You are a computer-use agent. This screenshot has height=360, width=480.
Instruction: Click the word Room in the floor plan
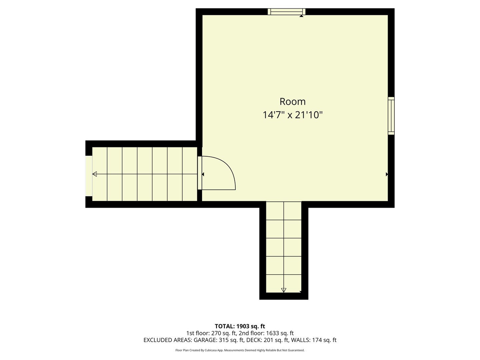point(292,101)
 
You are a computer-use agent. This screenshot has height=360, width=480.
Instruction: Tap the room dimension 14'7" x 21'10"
point(292,115)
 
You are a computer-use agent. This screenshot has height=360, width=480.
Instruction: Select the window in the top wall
point(286,12)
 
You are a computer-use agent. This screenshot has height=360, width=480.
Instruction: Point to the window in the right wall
point(391,116)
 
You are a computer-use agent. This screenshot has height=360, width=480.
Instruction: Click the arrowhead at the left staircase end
point(95,174)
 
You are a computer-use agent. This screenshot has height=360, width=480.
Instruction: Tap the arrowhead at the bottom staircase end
point(284,290)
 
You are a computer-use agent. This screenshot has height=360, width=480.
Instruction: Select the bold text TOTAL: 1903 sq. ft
point(240,326)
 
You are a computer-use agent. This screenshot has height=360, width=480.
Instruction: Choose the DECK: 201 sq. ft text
point(266,340)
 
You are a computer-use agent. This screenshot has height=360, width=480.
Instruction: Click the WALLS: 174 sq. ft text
point(314,340)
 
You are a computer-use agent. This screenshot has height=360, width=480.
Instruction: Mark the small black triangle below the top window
point(301,16)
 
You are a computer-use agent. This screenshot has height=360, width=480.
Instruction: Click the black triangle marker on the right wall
point(387,174)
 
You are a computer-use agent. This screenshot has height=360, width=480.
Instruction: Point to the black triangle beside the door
point(203,174)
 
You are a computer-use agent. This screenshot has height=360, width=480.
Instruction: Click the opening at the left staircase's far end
point(89,176)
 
